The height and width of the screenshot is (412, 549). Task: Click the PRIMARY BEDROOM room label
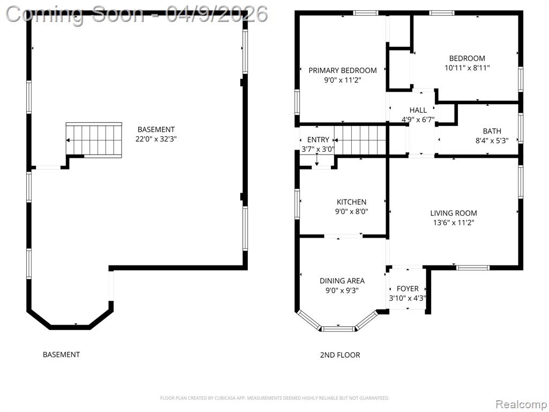click(343, 70)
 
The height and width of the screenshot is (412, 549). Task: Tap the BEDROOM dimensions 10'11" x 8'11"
click(467, 68)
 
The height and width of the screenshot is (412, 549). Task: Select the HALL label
click(418, 110)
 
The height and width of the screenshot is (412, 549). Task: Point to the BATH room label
click(492, 131)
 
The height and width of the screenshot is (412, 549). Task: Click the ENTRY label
click(318, 140)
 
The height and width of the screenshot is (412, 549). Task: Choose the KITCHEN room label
click(352, 202)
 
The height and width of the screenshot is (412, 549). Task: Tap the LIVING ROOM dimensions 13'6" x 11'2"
click(454, 223)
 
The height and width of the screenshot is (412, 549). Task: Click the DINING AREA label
click(342, 281)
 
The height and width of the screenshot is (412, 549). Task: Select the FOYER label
click(407, 289)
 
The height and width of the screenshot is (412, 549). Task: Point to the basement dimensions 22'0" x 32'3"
click(156, 139)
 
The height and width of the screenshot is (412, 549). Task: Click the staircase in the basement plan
click(94, 140)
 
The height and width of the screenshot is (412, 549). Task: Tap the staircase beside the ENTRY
click(360, 140)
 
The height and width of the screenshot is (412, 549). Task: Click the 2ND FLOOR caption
click(340, 355)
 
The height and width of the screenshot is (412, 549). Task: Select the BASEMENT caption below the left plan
click(61, 355)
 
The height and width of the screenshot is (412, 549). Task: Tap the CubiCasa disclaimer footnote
click(274, 398)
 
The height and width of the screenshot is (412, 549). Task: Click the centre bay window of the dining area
click(338, 329)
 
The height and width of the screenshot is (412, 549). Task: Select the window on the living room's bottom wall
click(473, 268)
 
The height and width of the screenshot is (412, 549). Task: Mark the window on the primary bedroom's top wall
click(366, 13)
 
